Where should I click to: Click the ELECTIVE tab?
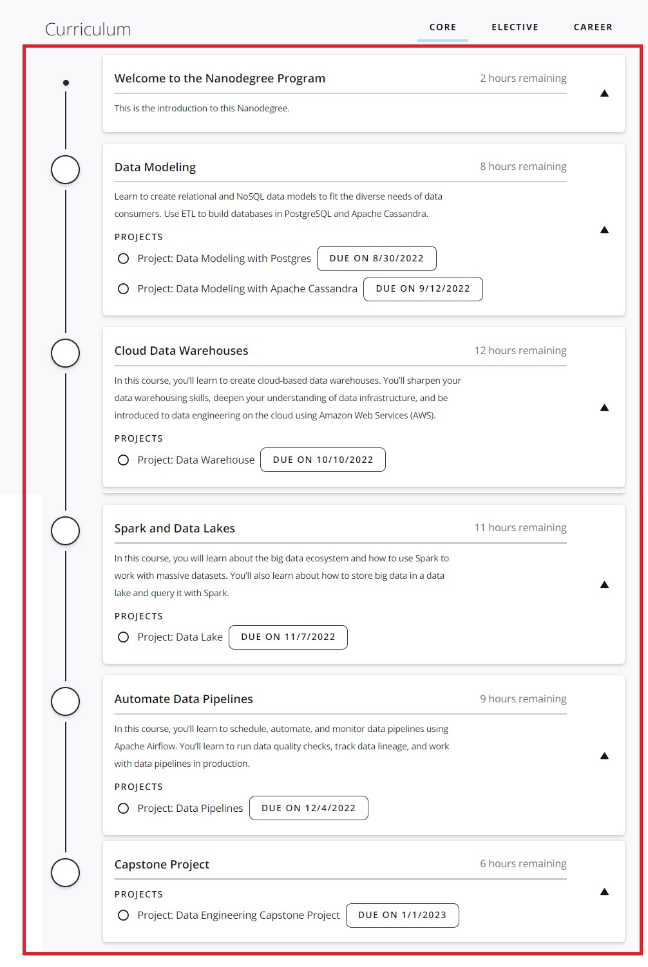tap(515, 27)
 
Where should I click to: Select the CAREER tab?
tap(593, 27)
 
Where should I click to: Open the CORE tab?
tap(443, 27)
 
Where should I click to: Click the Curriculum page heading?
tap(88, 30)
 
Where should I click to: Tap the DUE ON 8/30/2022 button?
tap(376, 258)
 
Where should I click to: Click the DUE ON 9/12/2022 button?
tap(423, 288)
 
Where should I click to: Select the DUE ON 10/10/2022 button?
tap(323, 460)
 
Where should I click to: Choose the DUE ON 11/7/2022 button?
tap(288, 637)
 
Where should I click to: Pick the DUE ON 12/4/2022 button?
tap(309, 808)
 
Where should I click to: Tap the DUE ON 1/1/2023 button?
tap(402, 915)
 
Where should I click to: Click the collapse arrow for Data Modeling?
tap(604, 230)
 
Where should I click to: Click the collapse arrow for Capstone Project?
tap(604, 892)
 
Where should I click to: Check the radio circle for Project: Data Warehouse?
tap(123, 460)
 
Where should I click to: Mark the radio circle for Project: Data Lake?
tap(123, 637)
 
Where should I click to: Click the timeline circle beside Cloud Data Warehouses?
tap(65, 353)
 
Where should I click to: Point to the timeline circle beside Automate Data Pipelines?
tap(65, 701)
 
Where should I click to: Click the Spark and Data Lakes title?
tap(175, 529)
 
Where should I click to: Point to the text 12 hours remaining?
tap(520, 350)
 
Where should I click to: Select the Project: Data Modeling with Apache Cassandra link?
tap(247, 288)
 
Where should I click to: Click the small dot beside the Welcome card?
tap(66, 82)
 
